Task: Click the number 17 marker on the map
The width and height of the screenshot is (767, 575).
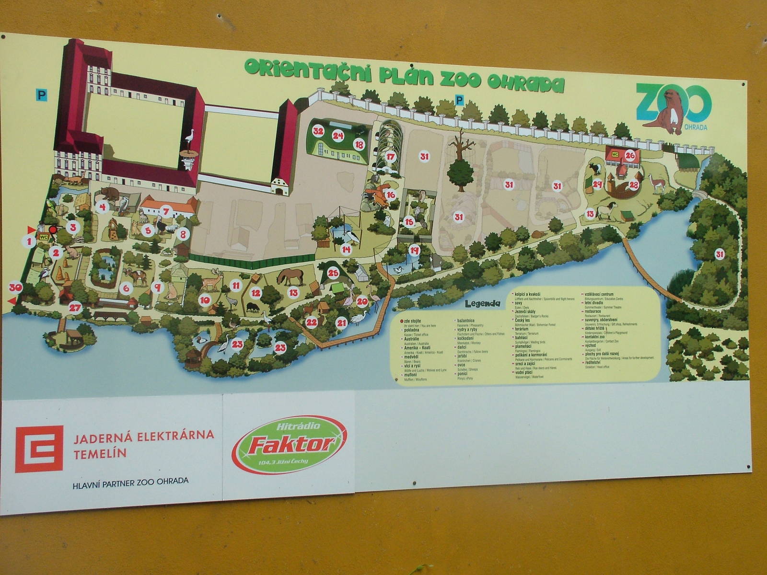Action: pyautogui.click(x=391, y=156)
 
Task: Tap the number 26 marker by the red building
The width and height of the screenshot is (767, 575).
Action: pyautogui.click(x=630, y=155)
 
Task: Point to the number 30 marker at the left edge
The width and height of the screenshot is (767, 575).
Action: pyautogui.click(x=15, y=287)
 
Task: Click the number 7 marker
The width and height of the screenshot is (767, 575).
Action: pyautogui.click(x=166, y=210)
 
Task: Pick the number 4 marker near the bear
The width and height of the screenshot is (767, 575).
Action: pyautogui.click(x=102, y=207)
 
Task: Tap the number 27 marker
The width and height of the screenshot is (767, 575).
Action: pyautogui.click(x=74, y=308)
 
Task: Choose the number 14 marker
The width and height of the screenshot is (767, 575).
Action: pyautogui.click(x=346, y=249)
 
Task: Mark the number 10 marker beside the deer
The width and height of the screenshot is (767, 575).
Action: pyautogui.click(x=205, y=300)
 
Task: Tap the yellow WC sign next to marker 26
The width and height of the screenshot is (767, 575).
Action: pyautogui.click(x=615, y=154)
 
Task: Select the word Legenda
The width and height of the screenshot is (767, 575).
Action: pyautogui.click(x=482, y=303)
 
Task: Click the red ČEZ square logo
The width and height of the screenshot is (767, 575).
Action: pyautogui.click(x=39, y=449)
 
